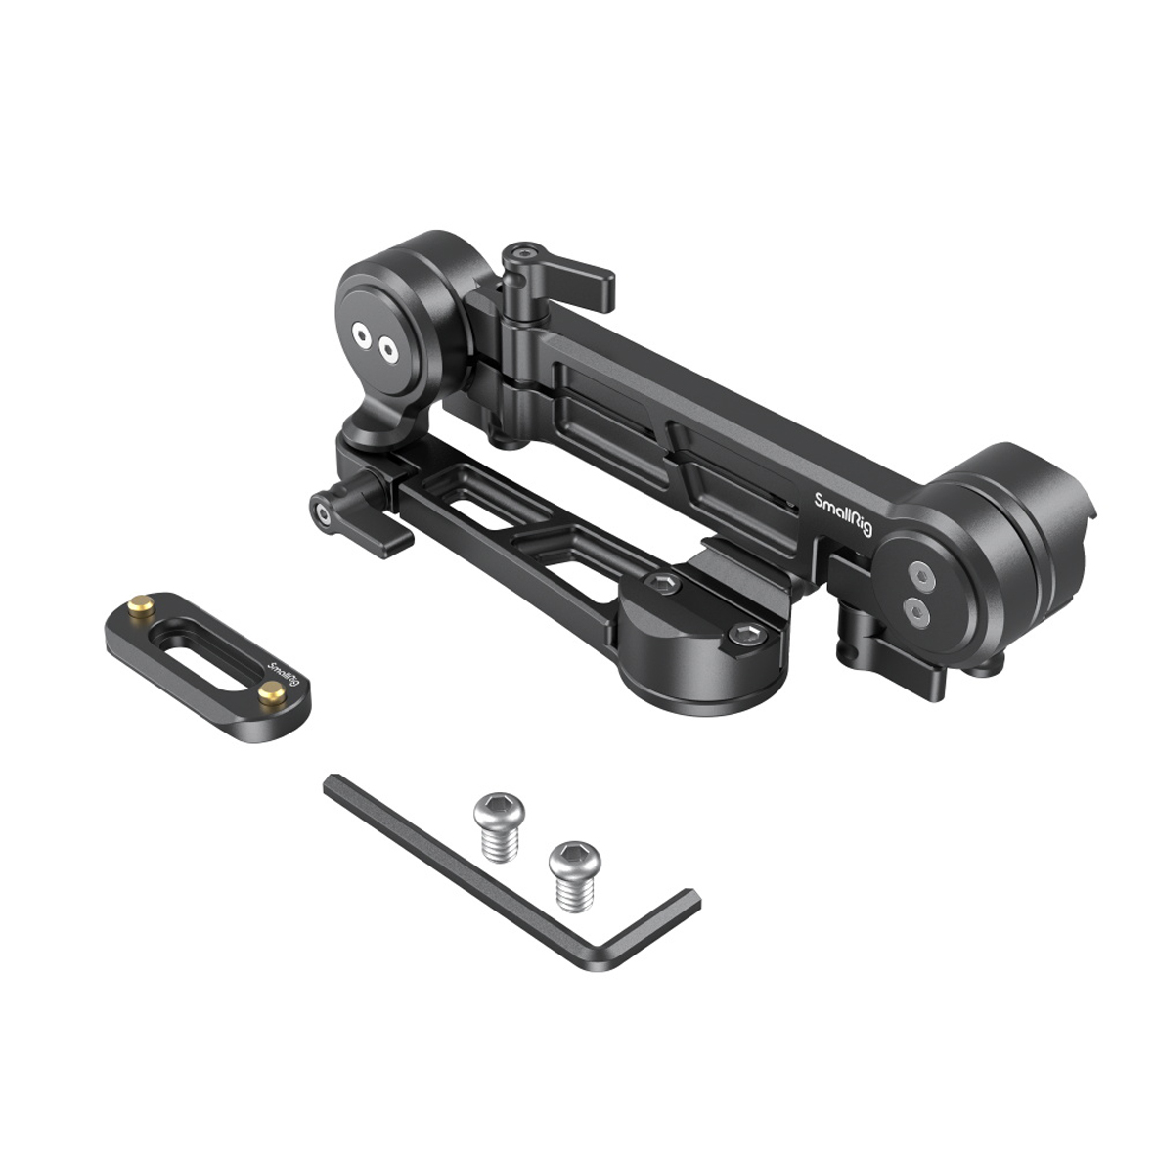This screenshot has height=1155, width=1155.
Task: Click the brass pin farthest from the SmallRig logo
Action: coord(141,605)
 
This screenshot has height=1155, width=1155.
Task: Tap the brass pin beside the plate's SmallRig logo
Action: coord(272,691)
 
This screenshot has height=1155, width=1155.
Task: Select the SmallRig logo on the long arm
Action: coord(844,513)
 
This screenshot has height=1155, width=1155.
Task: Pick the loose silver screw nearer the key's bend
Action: coord(575,875)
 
